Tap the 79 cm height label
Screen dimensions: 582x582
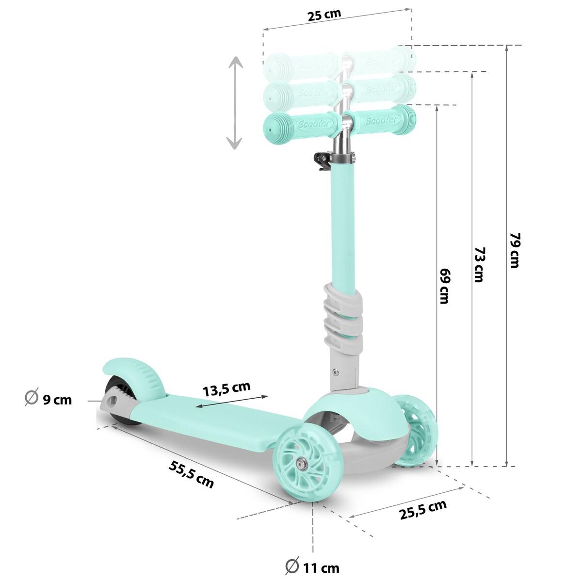tap(515, 250)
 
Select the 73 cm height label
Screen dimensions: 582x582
tap(479, 264)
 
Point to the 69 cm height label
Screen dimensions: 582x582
tap(444, 286)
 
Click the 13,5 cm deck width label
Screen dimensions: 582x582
tap(226, 388)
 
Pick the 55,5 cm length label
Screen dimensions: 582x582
tap(191, 474)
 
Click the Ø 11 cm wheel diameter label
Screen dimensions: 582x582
tap(312, 566)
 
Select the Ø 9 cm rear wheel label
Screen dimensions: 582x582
tap(48, 399)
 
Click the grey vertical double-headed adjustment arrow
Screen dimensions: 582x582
tap(235, 102)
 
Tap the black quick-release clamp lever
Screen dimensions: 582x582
tap(322, 161)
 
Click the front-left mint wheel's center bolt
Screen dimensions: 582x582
tap(303, 464)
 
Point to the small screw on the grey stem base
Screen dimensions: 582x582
tap(335, 372)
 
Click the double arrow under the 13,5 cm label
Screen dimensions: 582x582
tap(232, 402)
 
